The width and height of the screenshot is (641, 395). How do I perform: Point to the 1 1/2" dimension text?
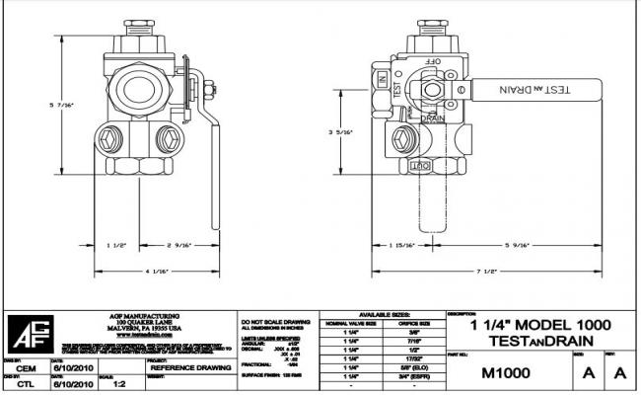pos(115,243)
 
